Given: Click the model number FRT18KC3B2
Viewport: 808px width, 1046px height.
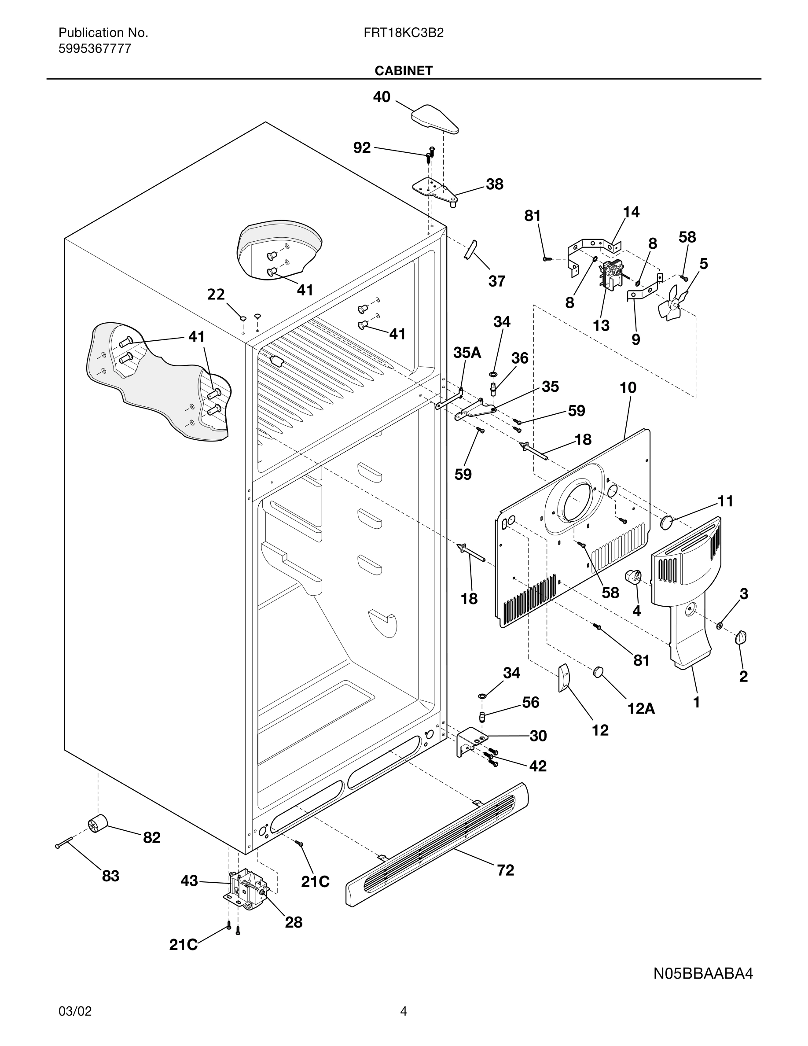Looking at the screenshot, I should (403, 33).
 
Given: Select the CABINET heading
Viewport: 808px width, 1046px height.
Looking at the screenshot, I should (403, 71).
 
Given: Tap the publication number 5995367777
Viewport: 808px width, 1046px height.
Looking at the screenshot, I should (95, 49).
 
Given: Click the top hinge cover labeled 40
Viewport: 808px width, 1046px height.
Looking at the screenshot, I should (435, 119).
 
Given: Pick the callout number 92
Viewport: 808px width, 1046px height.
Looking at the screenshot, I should (362, 147).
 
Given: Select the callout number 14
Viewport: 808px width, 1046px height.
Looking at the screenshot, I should (631, 212).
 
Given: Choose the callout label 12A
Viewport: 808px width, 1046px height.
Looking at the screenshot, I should (641, 708).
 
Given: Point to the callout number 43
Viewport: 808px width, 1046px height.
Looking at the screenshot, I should (189, 880).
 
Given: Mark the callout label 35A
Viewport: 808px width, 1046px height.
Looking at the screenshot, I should (466, 353).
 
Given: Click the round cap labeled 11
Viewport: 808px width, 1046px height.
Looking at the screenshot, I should (667, 522).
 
